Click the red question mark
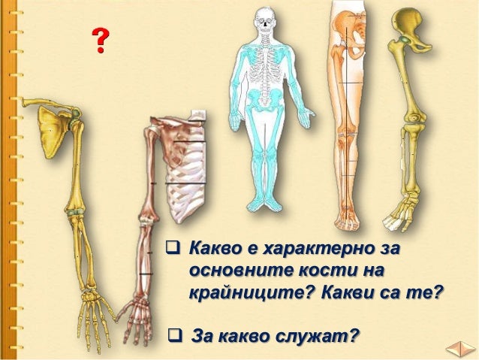(98, 41)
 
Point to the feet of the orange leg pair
(348, 220)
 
